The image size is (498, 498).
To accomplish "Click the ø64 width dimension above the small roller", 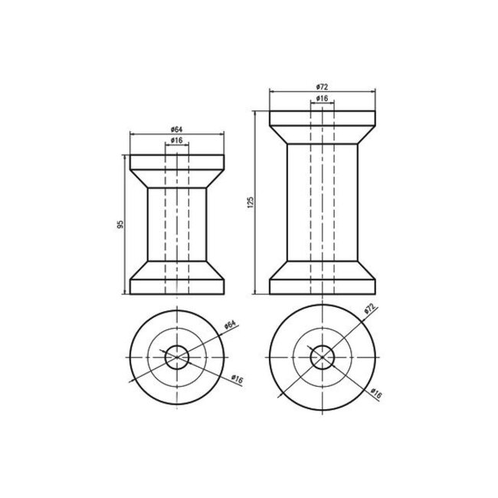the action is [x=176, y=129].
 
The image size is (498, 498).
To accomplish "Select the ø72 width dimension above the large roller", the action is [x=322, y=87].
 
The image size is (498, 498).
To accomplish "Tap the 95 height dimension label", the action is [x=120, y=224].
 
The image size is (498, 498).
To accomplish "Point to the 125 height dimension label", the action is [x=251, y=202].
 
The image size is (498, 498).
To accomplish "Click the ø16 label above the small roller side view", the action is [x=176, y=140].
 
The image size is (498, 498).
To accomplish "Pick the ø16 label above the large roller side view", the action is [x=322, y=98].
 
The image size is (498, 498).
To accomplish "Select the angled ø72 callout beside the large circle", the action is [x=370, y=309].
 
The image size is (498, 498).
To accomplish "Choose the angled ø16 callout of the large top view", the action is [x=376, y=393].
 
